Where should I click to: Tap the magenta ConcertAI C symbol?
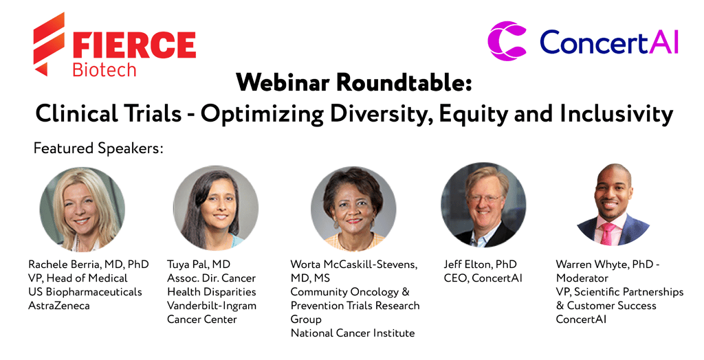tap(507, 41)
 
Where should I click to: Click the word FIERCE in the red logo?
tap(134, 45)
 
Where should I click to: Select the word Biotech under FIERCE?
tap(104, 70)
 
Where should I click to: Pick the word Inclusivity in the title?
tap(617, 113)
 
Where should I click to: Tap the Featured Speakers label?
tap(98, 148)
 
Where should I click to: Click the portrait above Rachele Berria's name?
tap(82, 210)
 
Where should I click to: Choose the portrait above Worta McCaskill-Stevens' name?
tap(353, 209)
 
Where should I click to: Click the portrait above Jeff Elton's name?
tap(483, 205)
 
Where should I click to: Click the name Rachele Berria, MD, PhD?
tap(89, 265)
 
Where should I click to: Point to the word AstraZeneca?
tap(59, 306)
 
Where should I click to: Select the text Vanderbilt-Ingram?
tap(212, 306)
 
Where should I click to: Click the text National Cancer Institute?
tap(353, 333)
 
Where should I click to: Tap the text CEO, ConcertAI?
tap(483, 278)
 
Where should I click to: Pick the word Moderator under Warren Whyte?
tap(582, 278)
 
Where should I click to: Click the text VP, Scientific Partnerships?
tap(619, 292)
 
